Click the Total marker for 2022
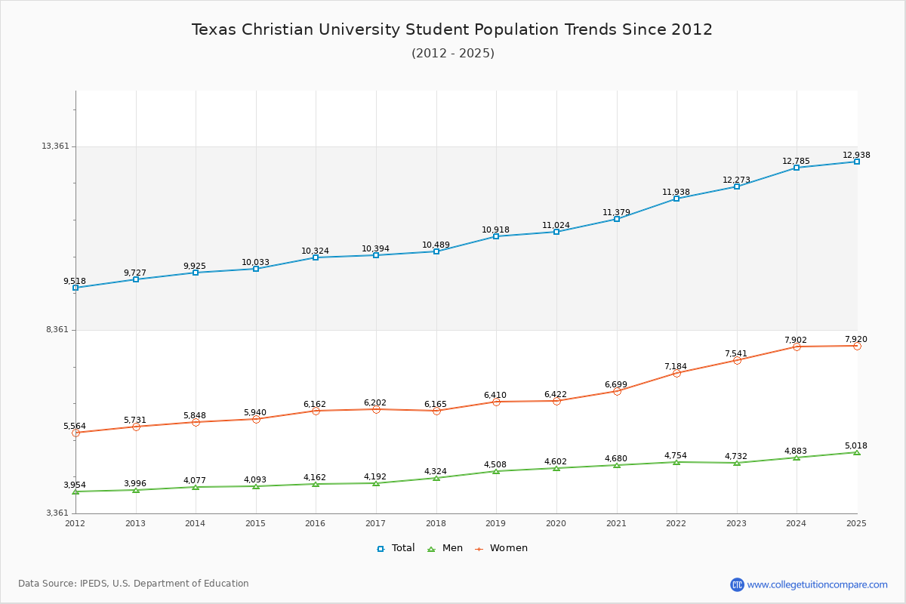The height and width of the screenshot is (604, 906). pyautogui.click(x=676, y=199)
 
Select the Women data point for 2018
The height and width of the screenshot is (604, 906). pyautogui.click(x=436, y=411)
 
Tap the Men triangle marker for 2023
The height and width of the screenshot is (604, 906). pyautogui.click(x=737, y=463)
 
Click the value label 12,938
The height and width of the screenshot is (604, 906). pyautogui.click(x=856, y=155)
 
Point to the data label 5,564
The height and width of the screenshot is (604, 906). pyautogui.click(x=75, y=426)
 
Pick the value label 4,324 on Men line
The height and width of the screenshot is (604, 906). pyautogui.click(x=435, y=471)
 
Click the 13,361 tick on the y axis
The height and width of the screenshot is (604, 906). pyautogui.click(x=55, y=146)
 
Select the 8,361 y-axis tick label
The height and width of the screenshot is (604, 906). pyautogui.click(x=57, y=329)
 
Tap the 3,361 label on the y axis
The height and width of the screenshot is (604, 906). pyautogui.click(x=57, y=513)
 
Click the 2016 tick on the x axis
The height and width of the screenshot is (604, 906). pyautogui.click(x=316, y=523)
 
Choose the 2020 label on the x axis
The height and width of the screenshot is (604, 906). pyautogui.click(x=556, y=523)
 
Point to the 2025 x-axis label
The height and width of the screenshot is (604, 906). pyautogui.click(x=856, y=523)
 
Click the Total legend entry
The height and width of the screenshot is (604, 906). pyautogui.click(x=396, y=548)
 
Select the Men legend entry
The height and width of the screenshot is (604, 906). pyautogui.click(x=445, y=548)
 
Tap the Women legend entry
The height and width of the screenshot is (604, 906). pyautogui.click(x=501, y=548)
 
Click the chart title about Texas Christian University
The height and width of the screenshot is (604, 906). pyautogui.click(x=452, y=29)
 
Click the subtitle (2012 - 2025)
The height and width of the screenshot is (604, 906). pyautogui.click(x=453, y=53)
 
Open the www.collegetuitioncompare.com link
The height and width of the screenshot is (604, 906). pyautogui.click(x=817, y=584)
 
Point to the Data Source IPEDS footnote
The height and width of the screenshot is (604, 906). pyautogui.click(x=134, y=584)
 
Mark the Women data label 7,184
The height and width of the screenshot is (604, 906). pyautogui.click(x=676, y=366)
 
